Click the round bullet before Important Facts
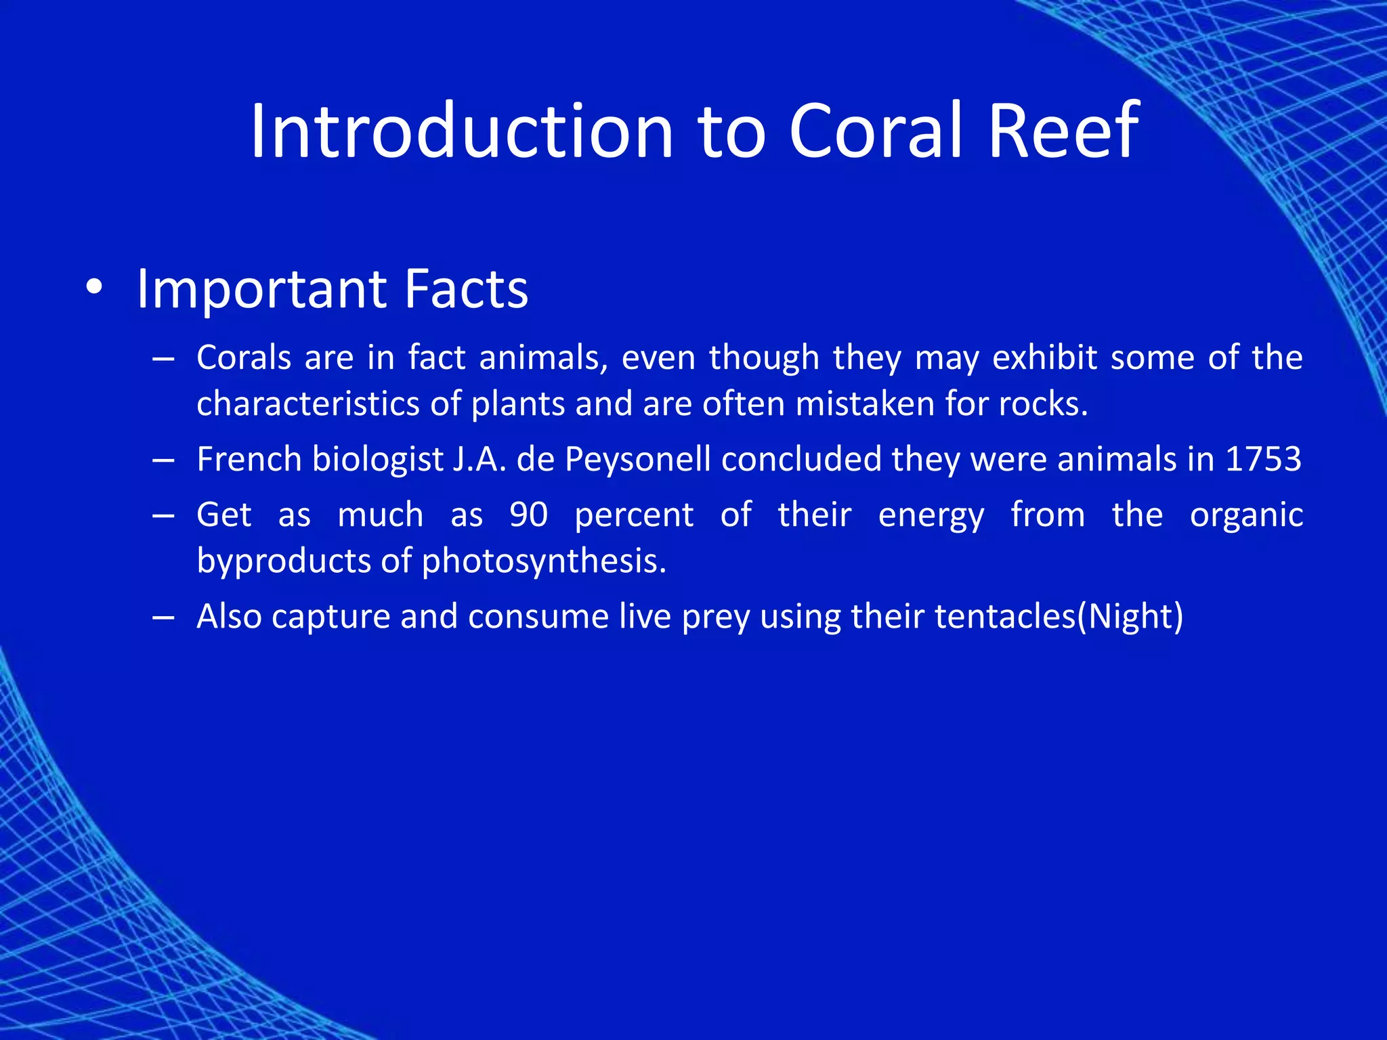(x=94, y=290)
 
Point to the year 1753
(x=1264, y=459)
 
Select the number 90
(x=528, y=515)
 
